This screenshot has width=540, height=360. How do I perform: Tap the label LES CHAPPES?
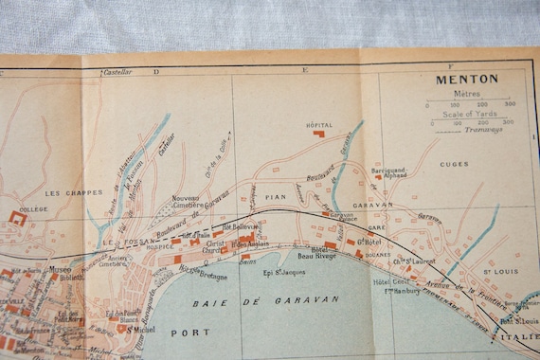(68, 192)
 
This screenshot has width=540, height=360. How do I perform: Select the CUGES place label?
(454, 164)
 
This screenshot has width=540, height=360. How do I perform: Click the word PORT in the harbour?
(189, 333)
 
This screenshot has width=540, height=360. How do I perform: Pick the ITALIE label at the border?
(514, 337)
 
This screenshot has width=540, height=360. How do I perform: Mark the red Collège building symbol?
(17, 220)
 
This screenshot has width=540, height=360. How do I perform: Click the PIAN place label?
(277, 197)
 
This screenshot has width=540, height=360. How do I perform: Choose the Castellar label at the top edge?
(117, 71)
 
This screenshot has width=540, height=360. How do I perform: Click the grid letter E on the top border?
(305, 70)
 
